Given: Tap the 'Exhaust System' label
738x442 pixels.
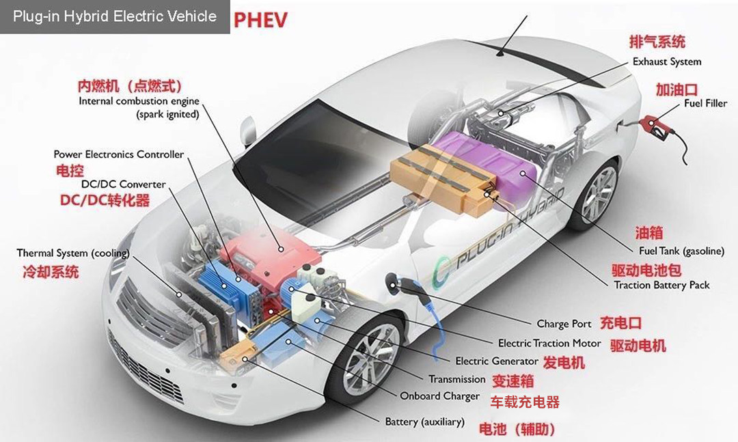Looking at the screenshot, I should (666, 61).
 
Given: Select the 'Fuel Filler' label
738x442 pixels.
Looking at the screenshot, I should (705, 103).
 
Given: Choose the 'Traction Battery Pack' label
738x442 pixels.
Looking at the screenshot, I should (661, 285).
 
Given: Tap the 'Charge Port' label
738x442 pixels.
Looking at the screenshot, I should (564, 324).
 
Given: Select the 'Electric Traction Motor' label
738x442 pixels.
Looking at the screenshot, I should (549, 343).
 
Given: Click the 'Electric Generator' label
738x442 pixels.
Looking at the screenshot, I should (497, 361).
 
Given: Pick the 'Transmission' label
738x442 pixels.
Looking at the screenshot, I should (456, 379).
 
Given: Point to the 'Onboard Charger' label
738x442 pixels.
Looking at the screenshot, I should (439, 396).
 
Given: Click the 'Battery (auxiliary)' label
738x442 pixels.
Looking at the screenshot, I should (424, 422).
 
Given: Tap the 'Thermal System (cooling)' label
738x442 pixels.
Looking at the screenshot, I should (72, 253).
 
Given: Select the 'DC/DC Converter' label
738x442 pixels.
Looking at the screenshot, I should (123, 184).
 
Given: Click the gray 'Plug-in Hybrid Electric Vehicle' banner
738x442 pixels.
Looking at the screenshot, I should (115, 16).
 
